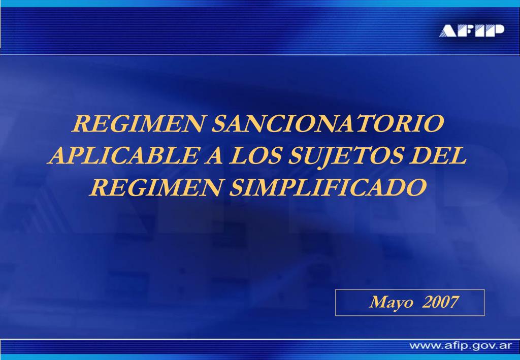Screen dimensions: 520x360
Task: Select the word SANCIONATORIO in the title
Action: click(x=328, y=123)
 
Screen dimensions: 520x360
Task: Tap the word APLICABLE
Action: click(x=123, y=155)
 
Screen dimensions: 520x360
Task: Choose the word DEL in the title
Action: click(x=438, y=155)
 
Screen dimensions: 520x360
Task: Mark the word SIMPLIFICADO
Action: click(x=328, y=187)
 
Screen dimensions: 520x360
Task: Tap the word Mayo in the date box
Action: click(x=392, y=302)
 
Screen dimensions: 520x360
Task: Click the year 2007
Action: click(x=440, y=302)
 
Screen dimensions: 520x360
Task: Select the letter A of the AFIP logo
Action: click(x=448, y=31)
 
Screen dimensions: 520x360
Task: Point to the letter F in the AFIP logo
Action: click(x=467, y=31)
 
